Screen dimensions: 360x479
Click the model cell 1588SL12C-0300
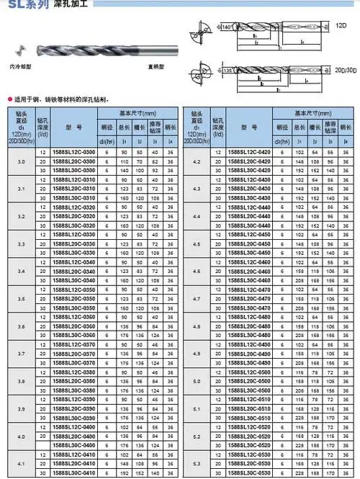pos(73,152)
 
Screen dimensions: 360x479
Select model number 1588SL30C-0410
pos(73,473)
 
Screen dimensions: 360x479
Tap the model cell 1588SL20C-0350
pos(73,297)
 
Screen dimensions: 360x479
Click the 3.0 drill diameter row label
pos(21,162)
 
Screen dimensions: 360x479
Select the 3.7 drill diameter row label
pos(21,354)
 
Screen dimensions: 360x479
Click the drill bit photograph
pos(92,53)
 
